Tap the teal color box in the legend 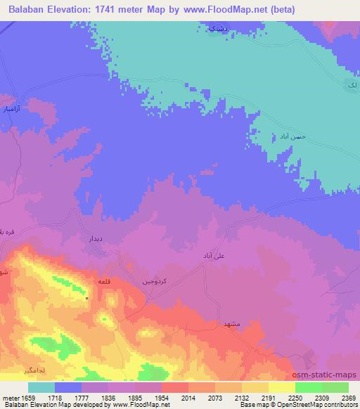point(41,387)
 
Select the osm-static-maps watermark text point(328,376)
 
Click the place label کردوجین point(155,280)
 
